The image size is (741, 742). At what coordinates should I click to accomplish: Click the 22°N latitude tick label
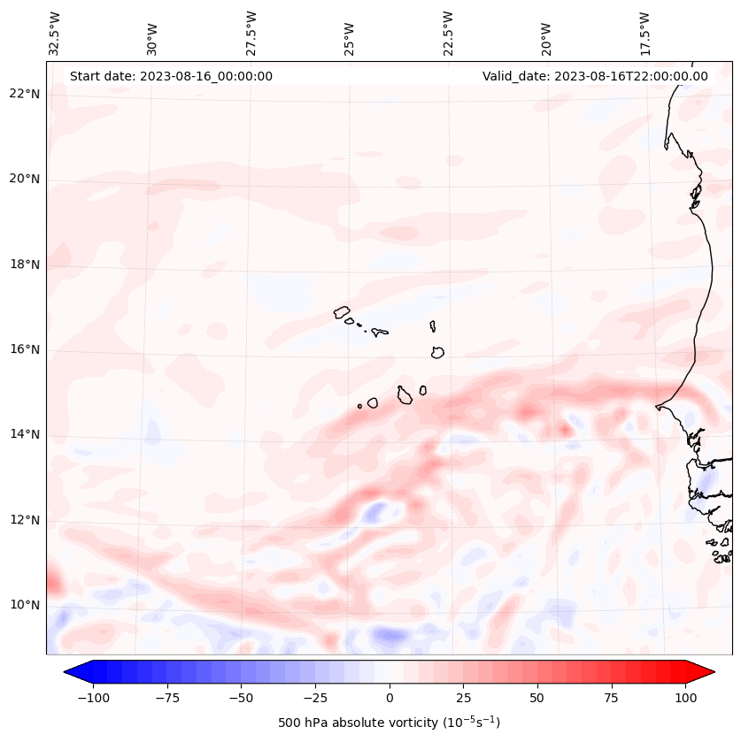point(25,94)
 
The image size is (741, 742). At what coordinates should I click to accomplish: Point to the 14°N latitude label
point(25,434)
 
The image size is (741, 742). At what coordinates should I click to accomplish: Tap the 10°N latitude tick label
point(25,605)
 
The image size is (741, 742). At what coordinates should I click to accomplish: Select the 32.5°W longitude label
point(56,33)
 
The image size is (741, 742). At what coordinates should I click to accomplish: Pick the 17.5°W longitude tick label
point(645,33)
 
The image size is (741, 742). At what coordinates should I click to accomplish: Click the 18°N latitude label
point(25,264)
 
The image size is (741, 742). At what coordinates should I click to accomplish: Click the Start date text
point(171,76)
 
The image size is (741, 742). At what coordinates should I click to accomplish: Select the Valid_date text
point(595,76)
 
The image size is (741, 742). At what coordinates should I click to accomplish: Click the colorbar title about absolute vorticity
point(389,723)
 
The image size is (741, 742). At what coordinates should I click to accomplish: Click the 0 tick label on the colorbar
point(389,698)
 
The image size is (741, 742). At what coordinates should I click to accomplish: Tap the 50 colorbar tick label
point(536,698)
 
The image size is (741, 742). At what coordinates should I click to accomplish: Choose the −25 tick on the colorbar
point(314,698)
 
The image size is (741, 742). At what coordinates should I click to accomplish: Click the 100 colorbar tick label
point(685,698)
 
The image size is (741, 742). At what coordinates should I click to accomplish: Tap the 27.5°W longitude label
point(251,33)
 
